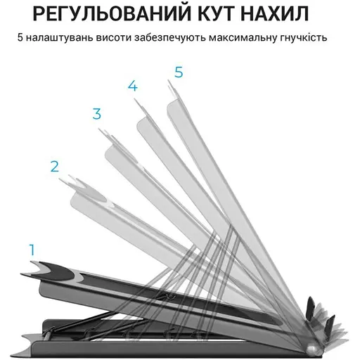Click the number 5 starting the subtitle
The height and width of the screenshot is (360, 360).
point(20,37)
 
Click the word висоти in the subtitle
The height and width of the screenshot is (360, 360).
point(114,37)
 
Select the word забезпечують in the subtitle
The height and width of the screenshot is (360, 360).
point(170,38)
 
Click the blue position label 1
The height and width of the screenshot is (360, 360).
point(32,250)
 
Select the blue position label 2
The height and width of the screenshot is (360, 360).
point(55,167)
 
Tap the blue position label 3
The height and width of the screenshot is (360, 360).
point(97,114)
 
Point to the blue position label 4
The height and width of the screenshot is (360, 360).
point(133,86)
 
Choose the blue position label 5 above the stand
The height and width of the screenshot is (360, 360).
point(179,72)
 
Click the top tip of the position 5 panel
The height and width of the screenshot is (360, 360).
point(168,80)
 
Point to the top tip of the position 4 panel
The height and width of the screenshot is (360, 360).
point(134,98)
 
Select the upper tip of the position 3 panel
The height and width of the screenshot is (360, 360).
point(99,129)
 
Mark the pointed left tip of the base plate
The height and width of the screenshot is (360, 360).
point(12,354)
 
